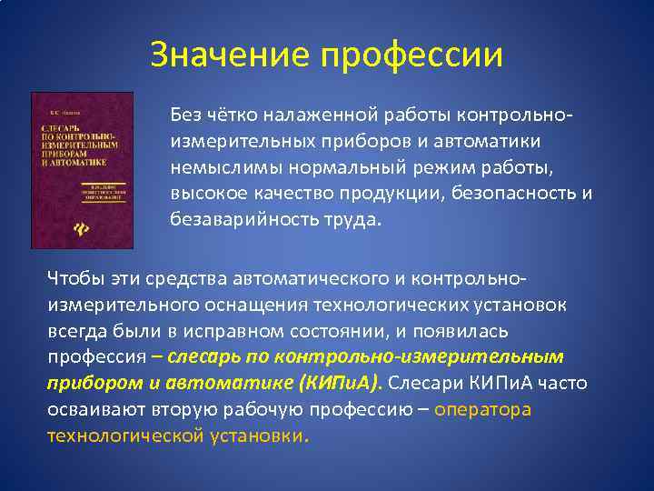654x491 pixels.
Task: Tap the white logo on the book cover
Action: click(54, 228)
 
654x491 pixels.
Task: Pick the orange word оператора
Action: click(482, 409)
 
